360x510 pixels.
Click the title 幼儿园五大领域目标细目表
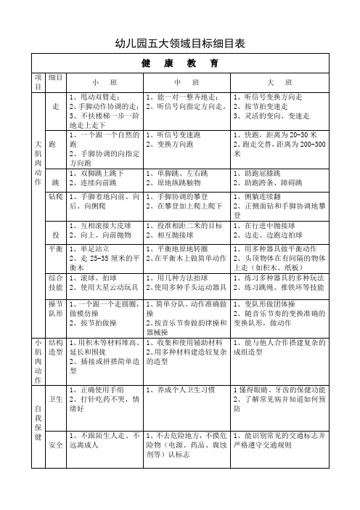point(180,44)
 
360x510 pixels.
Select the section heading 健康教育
point(180,63)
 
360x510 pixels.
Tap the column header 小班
point(105,82)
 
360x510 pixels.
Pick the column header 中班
point(186,82)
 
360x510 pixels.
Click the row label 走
point(56,106)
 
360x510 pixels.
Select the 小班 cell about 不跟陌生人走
point(105,438)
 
